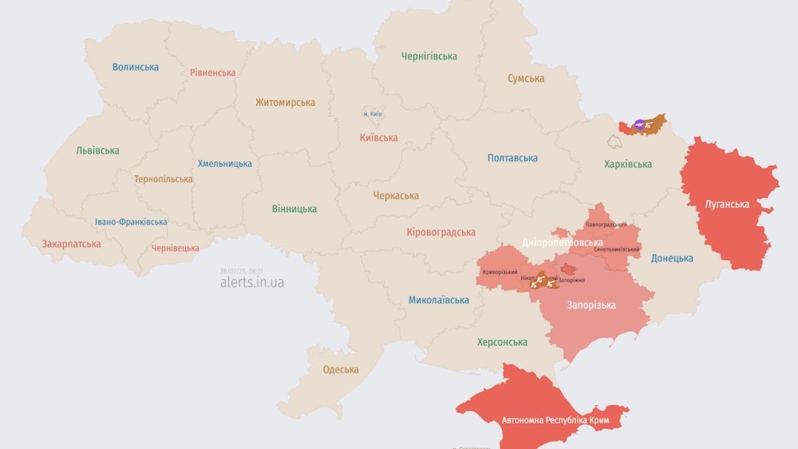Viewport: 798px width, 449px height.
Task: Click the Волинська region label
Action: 135,67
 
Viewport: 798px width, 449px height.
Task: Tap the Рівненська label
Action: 213,72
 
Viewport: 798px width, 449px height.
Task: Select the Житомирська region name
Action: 285,102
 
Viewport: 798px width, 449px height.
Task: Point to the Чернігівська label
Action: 429,56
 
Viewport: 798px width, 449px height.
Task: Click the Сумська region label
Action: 526,79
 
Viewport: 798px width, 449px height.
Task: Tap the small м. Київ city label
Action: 372,114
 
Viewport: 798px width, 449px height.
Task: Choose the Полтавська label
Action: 512,158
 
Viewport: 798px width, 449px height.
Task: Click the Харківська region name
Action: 628,164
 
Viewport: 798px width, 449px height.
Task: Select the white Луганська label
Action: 727,204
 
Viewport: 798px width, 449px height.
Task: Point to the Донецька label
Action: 672,258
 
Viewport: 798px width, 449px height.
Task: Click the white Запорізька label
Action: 591,305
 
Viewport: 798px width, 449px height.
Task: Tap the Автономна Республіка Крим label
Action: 553,420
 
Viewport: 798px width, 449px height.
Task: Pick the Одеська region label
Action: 340,369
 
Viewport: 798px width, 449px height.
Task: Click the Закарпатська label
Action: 71,244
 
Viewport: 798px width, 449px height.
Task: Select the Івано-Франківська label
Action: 131,222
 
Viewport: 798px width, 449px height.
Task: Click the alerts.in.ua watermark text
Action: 252,282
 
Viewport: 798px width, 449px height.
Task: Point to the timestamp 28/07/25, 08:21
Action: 241,271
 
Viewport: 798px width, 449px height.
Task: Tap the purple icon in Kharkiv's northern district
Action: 639,125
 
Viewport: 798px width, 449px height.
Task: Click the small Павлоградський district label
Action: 606,224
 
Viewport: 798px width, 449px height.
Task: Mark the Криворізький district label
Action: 500,272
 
